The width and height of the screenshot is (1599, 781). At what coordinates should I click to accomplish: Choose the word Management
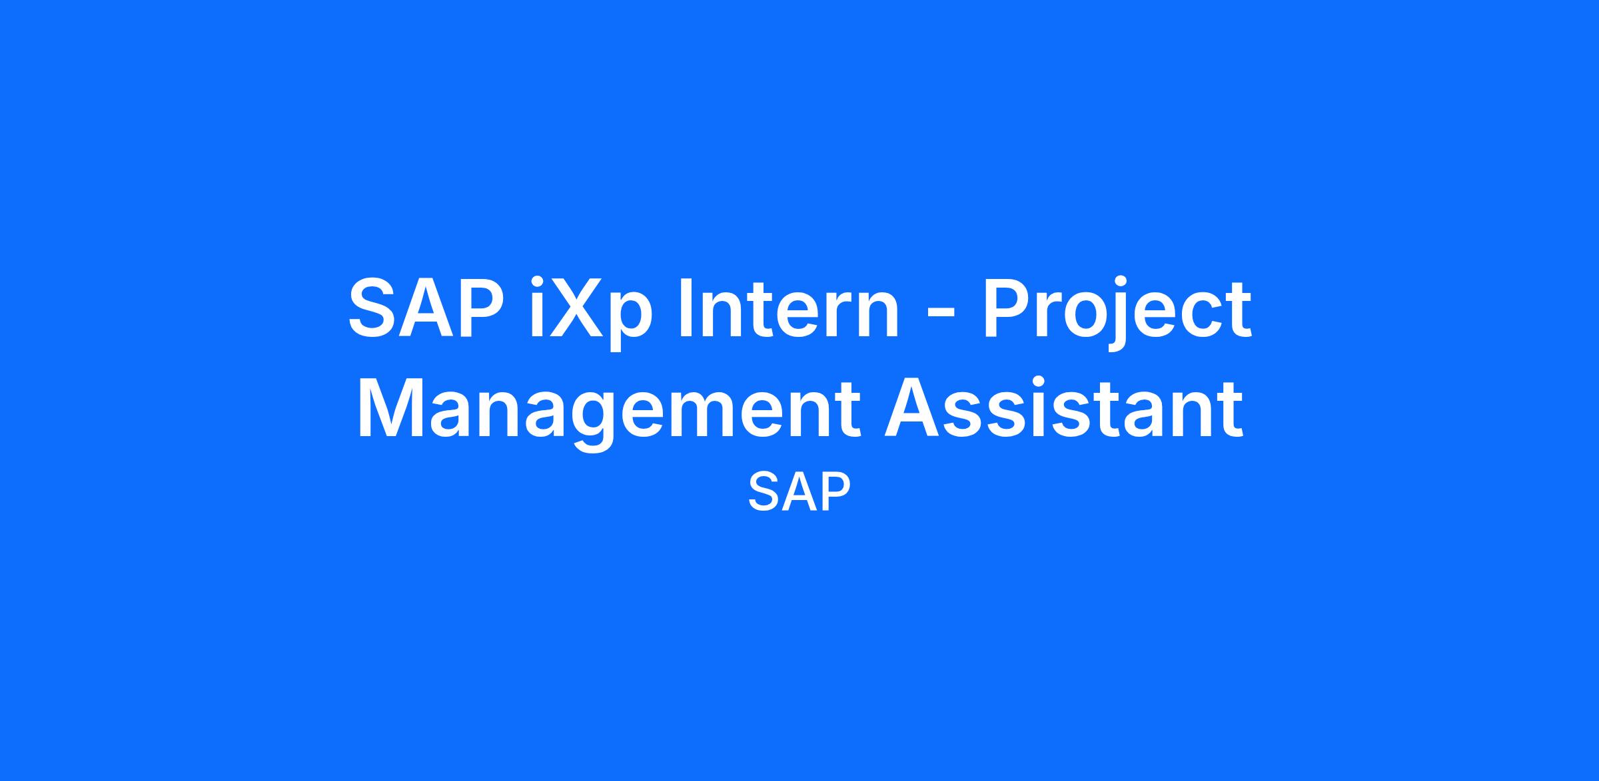click(x=610, y=415)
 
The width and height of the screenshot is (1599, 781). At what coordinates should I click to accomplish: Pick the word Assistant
click(x=1064, y=409)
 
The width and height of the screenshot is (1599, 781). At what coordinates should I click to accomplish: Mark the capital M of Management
click(x=389, y=409)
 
